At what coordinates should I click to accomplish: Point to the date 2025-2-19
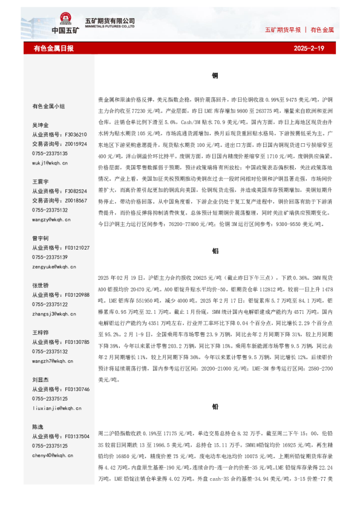tap(309, 48)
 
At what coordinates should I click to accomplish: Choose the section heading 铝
tap(215, 250)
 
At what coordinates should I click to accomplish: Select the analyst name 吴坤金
tap(40, 125)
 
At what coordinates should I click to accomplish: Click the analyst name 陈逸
tap(38, 427)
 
